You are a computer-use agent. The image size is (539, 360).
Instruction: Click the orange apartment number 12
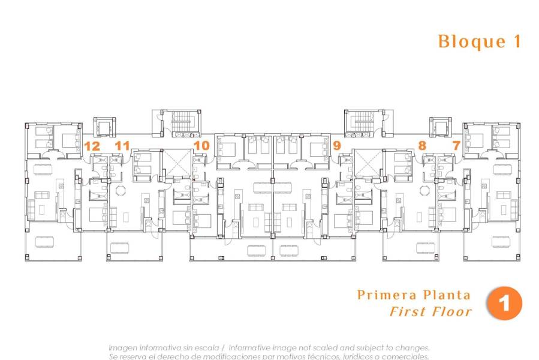(92, 145)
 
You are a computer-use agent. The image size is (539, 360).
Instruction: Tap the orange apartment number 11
(122, 145)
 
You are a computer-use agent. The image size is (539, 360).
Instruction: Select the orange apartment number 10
(201, 145)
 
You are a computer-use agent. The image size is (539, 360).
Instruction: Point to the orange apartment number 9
(336, 145)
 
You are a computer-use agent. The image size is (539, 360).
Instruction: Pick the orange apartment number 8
(423, 145)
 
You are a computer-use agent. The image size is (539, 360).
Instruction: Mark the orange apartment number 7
(456, 145)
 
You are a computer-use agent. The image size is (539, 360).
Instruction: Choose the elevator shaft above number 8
(440, 127)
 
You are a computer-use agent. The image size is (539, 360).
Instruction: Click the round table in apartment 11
(121, 191)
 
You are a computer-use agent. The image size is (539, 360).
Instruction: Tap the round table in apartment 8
(425, 191)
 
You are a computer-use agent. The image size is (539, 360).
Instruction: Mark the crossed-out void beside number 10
(176, 162)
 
